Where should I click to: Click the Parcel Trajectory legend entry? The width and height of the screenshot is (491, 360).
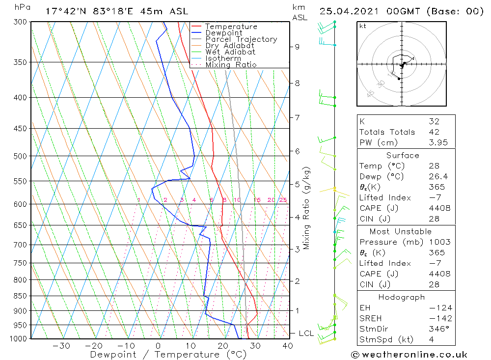pos(241,39)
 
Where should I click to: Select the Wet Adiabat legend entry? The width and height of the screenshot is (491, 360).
pos(230,52)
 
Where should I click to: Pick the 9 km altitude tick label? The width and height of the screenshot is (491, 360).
pos(297,47)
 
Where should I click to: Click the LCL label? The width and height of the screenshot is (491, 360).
pos(306,333)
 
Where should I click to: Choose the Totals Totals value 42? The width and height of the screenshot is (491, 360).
pos(434,132)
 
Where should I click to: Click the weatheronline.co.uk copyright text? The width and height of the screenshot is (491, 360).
pos(409,355)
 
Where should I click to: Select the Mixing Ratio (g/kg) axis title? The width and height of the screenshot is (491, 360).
pos(307,208)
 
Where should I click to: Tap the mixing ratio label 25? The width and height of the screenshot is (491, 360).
pos(283,200)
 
